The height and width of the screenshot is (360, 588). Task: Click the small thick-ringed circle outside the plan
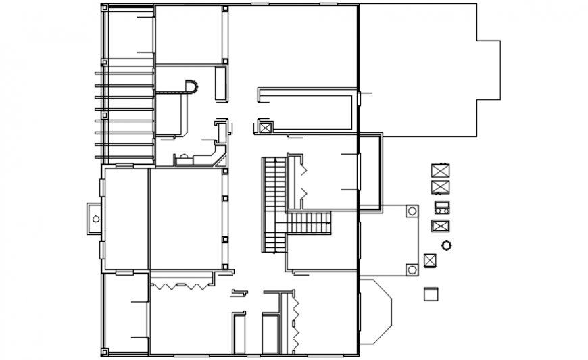(446, 245)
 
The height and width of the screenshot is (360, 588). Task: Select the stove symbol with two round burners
(441, 207)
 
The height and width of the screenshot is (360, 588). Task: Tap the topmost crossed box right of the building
(441, 170)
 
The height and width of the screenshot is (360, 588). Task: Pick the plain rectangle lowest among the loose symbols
(431, 294)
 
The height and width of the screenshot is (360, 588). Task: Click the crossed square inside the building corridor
(265, 127)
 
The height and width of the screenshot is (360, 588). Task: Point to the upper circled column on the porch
(412, 211)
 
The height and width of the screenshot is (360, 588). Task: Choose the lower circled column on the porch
(412, 270)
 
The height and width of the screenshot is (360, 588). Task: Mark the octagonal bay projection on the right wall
(376, 313)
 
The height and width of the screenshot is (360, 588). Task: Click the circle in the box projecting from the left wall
(95, 218)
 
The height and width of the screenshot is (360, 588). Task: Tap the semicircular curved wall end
(192, 86)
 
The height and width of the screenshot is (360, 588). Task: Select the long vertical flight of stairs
(274, 204)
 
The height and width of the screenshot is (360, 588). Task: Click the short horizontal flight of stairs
(309, 223)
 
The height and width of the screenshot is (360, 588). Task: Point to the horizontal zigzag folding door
(180, 286)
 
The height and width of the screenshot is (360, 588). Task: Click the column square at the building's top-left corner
(104, 8)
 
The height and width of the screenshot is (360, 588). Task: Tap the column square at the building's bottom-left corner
(104, 351)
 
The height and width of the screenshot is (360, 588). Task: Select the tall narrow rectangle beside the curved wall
(220, 83)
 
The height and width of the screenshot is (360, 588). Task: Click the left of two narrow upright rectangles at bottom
(239, 332)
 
